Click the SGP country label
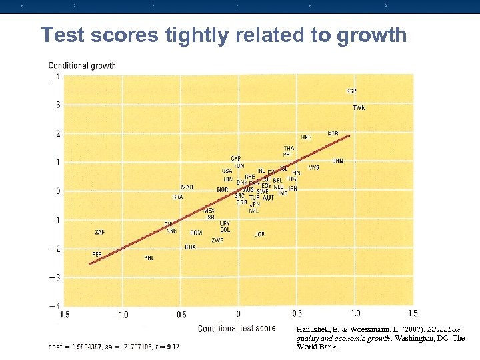click(351, 91)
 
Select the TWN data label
click(359, 108)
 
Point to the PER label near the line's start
click(97, 255)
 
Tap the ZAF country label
click(99, 232)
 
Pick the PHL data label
click(149, 258)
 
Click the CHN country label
click(337, 161)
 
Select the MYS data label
click(313, 167)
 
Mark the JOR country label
click(259, 234)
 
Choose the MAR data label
click(187, 187)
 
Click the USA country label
click(227, 171)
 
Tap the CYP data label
click(236, 159)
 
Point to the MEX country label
click(209, 210)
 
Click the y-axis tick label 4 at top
click(58, 76)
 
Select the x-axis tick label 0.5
click(297, 313)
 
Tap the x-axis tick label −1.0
click(120, 313)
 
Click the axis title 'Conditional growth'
click(82, 65)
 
